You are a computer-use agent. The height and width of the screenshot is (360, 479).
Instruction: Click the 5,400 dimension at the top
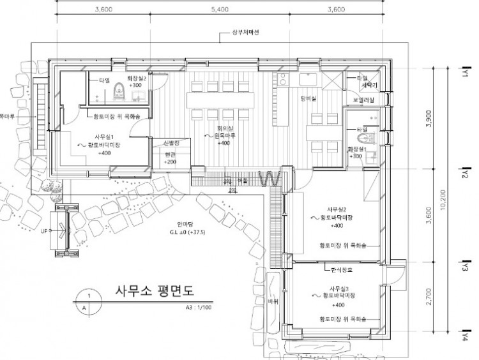click(x=219, y=10)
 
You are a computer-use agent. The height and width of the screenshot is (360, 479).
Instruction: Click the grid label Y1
click(x=466, y=74)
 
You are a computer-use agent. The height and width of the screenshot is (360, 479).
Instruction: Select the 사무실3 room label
click(x=340, y=288)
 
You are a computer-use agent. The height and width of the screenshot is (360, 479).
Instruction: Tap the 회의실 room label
click(x=223, y=128)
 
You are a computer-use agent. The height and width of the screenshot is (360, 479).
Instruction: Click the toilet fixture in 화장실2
click(x=117, y=94)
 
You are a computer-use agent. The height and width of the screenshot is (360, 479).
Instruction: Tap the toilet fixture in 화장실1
click(x=365, y=138)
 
